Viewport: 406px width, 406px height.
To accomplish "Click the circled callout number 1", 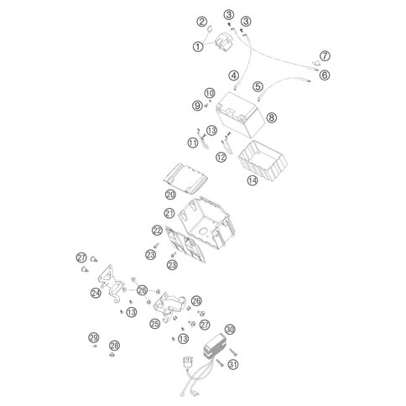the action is click(198, 46).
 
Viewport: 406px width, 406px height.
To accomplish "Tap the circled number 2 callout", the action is click(202, 22).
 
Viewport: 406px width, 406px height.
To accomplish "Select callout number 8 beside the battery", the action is click(271, 117).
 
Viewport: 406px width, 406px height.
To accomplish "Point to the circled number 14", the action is click(252, 180).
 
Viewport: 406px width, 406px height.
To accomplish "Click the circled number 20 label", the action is click(170, 195).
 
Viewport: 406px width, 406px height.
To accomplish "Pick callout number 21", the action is click(169, 214).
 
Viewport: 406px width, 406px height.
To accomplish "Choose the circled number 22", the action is click(157, 231).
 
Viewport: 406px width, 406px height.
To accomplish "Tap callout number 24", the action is click(96, 293).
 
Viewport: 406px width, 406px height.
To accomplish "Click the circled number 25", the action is click(154, 324).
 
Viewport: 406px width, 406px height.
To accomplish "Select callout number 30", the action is click(230, 330).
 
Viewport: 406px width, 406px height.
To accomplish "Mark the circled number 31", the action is click(233, 364).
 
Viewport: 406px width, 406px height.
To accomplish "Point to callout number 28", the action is click(114, 346).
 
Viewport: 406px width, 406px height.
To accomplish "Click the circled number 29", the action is click(94, 337).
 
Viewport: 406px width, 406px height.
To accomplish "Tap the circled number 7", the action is click(325, 56).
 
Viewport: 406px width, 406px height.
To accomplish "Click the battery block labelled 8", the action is click(240, 114).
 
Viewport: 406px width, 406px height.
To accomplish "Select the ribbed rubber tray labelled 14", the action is click(263, 161).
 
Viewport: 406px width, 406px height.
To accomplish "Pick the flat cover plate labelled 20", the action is click(185, 178).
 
